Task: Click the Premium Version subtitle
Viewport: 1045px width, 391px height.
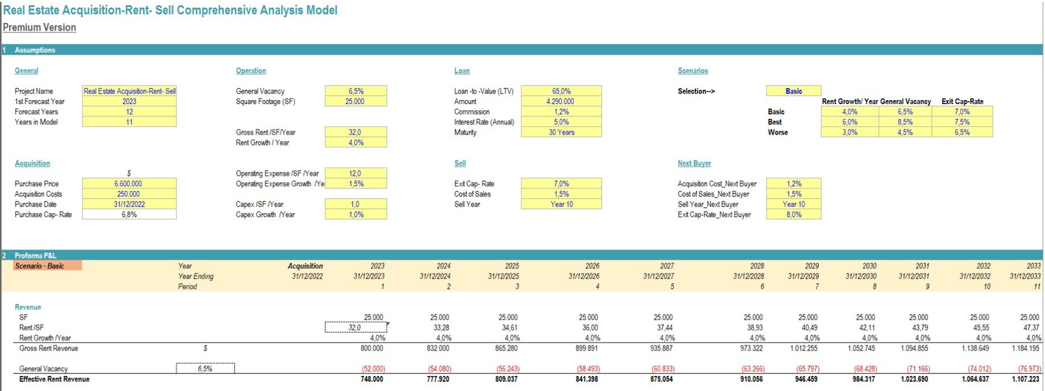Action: [39, 27]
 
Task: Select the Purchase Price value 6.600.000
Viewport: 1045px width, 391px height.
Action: [129, 184]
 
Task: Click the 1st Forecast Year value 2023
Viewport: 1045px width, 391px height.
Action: [129, 101]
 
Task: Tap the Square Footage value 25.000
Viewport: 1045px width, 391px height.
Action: [355, 101]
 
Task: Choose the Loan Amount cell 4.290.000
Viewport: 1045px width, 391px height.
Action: [560, 101]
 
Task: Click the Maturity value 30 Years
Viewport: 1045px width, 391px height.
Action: [561, 132]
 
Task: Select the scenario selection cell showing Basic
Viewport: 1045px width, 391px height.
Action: [794, 91]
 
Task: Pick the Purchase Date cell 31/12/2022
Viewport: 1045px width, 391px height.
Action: [129, 204]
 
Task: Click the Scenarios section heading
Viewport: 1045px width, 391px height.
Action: [692, 71]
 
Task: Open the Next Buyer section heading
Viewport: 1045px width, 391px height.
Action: [694, 163]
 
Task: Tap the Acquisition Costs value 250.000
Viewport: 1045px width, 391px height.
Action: [129, 194]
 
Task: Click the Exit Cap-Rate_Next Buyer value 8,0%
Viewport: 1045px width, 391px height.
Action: [794, 214]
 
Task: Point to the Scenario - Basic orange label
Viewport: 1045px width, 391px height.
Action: [48, 266]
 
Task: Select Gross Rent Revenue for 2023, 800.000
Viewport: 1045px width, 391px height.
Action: [372, 348]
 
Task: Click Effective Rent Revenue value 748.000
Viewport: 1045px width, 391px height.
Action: [372, 379]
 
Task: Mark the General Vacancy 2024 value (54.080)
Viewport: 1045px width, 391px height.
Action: [440, 369]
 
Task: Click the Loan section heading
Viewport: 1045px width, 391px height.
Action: [462, 71]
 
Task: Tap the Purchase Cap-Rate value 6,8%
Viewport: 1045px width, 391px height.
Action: [129, 214]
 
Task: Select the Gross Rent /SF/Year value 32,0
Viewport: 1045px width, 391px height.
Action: [355, 132]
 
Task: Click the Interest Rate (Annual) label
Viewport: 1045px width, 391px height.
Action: [484, 122]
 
